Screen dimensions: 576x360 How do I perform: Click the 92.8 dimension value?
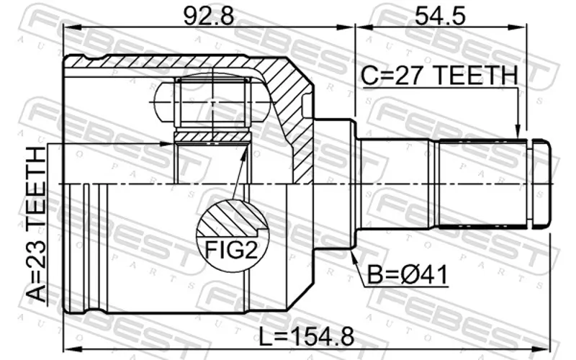click(208, 16)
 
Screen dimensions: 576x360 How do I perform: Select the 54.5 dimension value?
click(440, 16)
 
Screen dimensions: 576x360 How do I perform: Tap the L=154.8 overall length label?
click(307, 337)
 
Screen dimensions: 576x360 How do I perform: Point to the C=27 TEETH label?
click(439, 76)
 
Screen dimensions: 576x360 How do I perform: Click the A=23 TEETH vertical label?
click(37, 224)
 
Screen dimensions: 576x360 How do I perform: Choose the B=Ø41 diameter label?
click(408, 275)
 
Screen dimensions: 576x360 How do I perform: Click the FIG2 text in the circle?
click(231, 251)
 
